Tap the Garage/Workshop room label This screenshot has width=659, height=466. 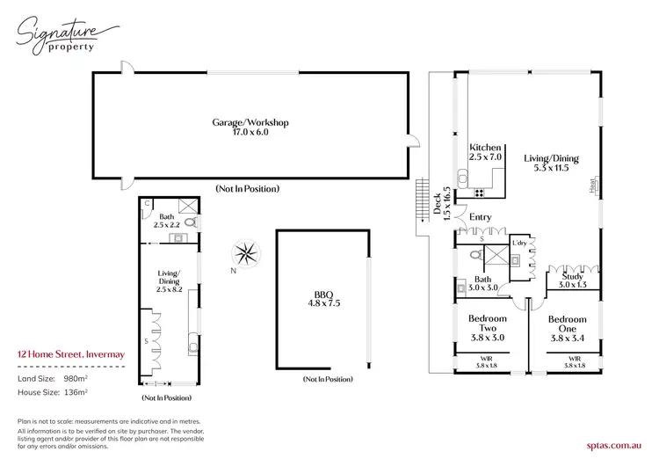tap(250, 127)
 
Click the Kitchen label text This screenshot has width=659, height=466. tap(485, 151)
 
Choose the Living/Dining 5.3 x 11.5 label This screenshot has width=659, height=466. tap(552, 163)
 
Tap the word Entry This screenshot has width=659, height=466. tap(480, 217)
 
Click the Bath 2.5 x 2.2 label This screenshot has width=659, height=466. tap(167, 221)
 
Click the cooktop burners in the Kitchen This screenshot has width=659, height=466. tap(480, 192)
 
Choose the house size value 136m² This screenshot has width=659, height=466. tap(77, 392)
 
